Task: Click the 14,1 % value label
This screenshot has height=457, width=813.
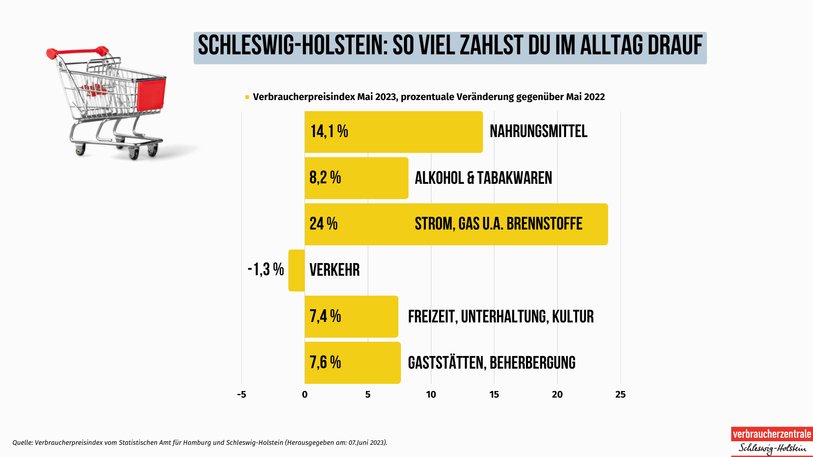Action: click(x=329, y=132)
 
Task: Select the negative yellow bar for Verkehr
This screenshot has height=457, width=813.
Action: click(x=296, y=271)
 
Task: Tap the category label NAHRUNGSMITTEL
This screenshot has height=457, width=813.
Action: click(x=538, y=132)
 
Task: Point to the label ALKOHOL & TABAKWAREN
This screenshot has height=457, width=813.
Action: click(x=483, y=178)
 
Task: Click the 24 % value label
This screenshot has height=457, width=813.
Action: click(x=323, y=224)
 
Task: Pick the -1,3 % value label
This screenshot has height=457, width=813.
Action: click(x=265, y=269)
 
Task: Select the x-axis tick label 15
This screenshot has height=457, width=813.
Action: click(x=494, y=395)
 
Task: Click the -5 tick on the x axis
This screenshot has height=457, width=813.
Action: click(x=241, y=395)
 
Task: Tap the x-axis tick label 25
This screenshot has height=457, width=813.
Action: click(x=620, y=395)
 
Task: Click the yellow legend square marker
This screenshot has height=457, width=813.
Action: click(x=247, y=97)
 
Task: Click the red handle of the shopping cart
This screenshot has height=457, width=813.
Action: click(x=76, y=51)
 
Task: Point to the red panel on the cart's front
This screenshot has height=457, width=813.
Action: click(x=151, y=94)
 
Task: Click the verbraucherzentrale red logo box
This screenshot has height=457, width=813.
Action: click(x=771, y=434)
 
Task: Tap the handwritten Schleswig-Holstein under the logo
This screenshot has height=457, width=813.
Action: click(x=771, y=448)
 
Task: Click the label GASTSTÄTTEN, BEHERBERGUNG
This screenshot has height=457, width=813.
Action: click(x=491, y=363)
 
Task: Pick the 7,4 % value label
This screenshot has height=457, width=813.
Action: click(x=325, y=316)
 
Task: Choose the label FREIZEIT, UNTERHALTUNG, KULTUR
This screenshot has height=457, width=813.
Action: click(x=501, y=316)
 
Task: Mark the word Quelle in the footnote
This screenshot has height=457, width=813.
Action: click(x=22, y=442)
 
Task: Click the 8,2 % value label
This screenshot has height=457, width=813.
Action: click(x=325, y=178)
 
